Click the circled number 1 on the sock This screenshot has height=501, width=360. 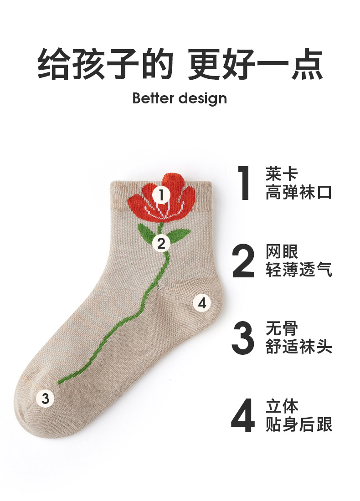tap(161, 195)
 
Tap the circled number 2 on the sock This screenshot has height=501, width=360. tap(161, 244)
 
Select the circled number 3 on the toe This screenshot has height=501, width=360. tap(45, 399)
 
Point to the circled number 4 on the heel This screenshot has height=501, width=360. tap(202, 303)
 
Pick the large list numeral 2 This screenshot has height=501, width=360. tap(243, 261)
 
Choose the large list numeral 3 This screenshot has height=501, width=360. tap(243, 338)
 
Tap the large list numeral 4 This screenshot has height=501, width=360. tap(243, 416)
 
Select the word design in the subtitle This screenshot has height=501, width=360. tap(203, 99)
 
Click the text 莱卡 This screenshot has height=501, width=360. tap(282, 174)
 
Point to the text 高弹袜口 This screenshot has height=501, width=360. tap(298, 192)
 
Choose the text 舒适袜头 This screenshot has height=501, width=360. tap(299, 347)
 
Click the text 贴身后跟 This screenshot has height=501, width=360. tap(299, 424)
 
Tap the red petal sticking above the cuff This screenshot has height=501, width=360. tap(174, 179)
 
